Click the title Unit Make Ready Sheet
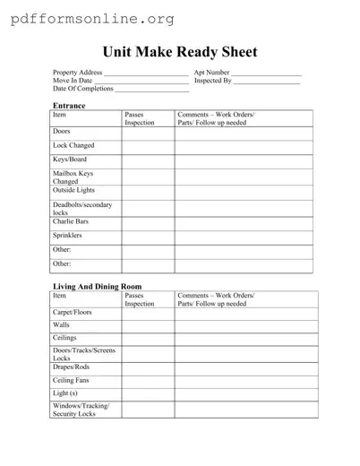[180, 52]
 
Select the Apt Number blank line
[267, 73]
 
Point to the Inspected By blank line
[266, 81]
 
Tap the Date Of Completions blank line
[152, 90]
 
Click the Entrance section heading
[69, 106]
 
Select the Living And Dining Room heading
[97, 286]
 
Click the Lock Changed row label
[73, 145]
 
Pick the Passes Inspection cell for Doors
[148, 133]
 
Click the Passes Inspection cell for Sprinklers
[148, 236]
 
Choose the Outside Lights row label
[73, 189]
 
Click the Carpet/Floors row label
[73, 311]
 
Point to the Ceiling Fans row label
[72, 380]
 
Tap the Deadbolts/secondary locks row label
[82, 208]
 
